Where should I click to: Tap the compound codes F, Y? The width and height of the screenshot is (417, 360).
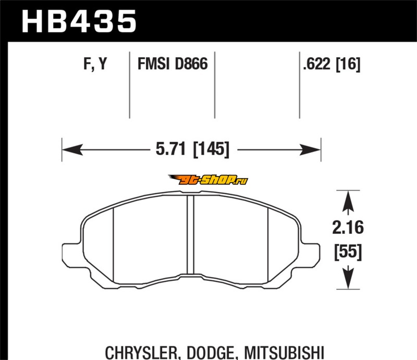point(95,64)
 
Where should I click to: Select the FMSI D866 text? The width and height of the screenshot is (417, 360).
point(173,64)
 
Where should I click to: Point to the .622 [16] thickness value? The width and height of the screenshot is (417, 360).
point(332,64)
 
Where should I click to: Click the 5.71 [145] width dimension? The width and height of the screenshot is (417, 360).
point(192,149)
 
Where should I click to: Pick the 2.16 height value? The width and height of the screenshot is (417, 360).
point(348,228)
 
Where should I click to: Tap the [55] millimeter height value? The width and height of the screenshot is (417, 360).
point(348,251)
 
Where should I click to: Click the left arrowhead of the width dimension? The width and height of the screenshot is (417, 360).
point(72,150)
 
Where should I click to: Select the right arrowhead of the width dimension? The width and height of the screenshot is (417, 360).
point(310,150)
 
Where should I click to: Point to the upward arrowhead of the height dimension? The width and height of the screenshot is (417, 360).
point(348,201)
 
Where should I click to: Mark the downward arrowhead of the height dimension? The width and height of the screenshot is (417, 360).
point(348,278)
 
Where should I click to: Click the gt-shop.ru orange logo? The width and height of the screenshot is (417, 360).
point(208,180)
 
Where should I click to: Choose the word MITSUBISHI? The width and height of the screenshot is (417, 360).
point(284,353)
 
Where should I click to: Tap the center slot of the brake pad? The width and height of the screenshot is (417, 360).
point(190,235)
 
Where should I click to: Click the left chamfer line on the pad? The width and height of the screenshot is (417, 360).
point(114,245)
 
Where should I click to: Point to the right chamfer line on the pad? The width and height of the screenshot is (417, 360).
point(268,245)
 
